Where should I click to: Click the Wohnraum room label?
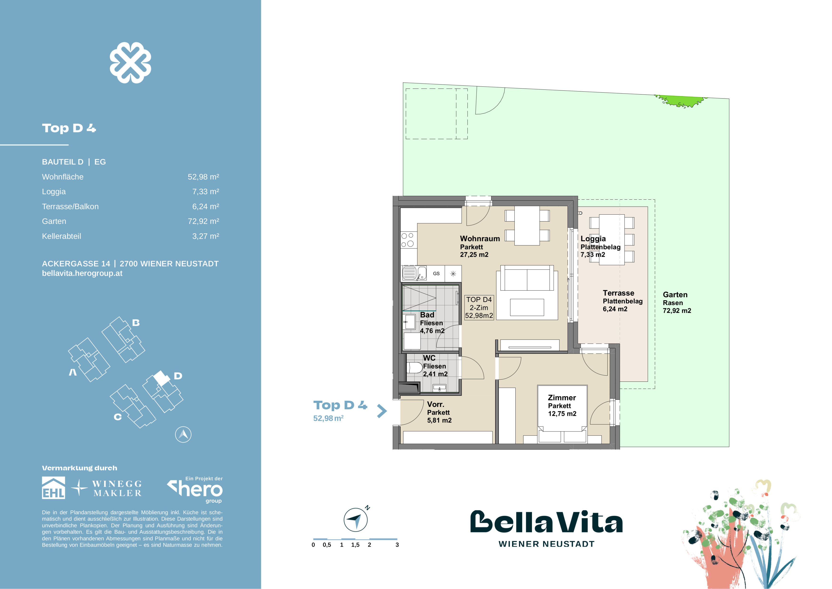479,239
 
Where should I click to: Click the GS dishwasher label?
436,273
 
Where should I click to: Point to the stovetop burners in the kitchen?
408,240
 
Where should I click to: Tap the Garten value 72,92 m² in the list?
203,221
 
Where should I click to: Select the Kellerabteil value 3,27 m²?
205,236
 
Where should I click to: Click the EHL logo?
54,488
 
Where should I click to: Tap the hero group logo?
196,489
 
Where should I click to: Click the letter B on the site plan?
136,322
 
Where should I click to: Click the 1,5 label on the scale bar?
355,545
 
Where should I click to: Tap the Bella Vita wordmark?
546,522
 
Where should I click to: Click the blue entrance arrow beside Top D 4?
382,411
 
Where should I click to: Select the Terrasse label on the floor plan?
618,293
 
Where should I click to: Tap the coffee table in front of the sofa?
527,307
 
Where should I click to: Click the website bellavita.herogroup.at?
82,273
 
